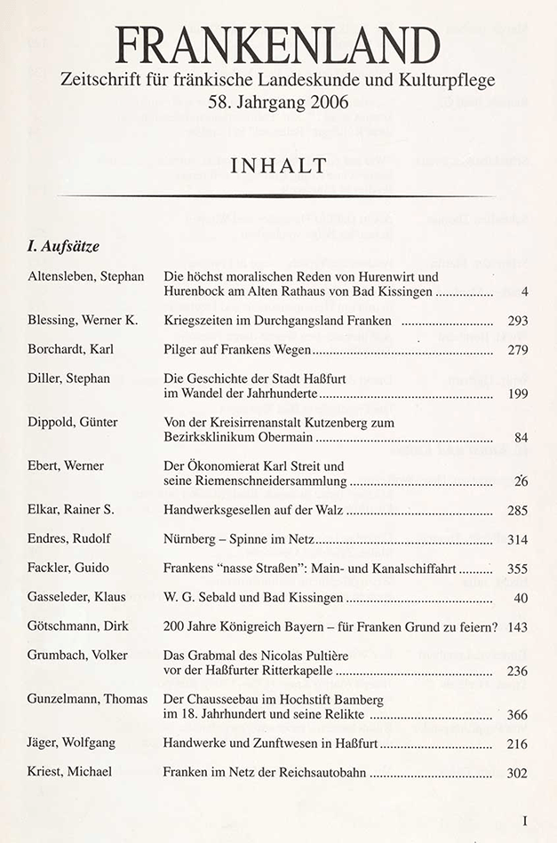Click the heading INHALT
(279, 164)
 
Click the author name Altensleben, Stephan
(85, 276)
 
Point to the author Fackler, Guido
(68, 569)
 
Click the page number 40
(521, 598)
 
